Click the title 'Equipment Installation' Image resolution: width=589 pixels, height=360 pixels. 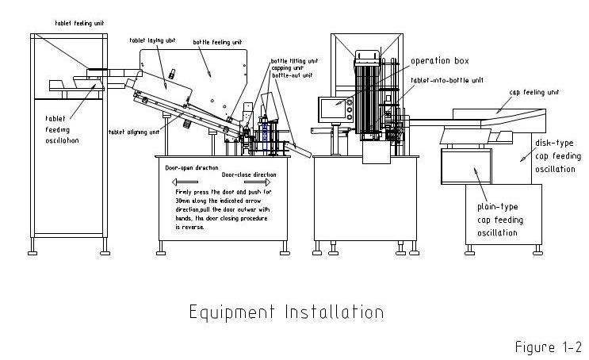click(x=285, y=311)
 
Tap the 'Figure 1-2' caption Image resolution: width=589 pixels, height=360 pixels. click(x=549, y=347)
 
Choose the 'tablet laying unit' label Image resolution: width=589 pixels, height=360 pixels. click(x=150, y=39)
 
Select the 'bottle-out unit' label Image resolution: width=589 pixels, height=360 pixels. click(x=291, y=75)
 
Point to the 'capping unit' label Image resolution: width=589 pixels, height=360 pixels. click(x=287, y=67)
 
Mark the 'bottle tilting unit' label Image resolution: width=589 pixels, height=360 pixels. click(x=295, y=60)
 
